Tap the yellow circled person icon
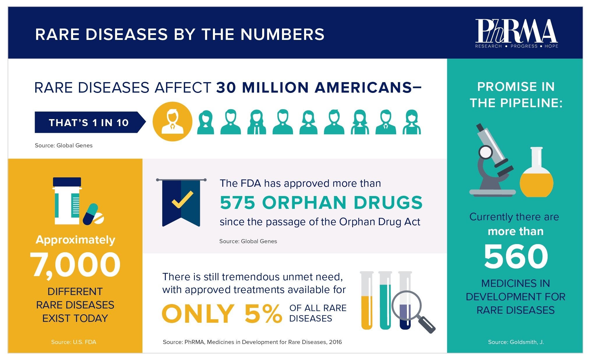172,121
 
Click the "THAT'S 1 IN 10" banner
89,123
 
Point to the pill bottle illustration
67,201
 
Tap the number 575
237,203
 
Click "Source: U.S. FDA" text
74,342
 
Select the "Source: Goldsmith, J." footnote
516,342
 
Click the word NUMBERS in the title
282,34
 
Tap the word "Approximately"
75,240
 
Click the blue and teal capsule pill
90,214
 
